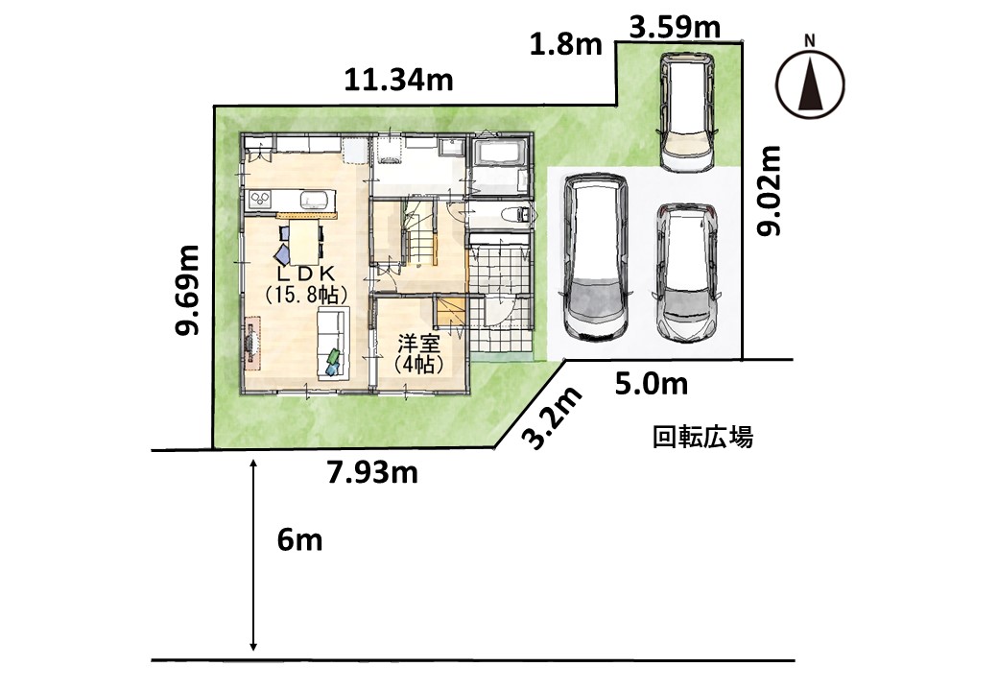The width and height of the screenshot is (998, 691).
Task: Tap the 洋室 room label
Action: pyautogui.click(x=418, y=344)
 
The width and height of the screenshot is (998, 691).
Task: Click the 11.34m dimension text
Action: pyautogui.click(x=399, y=81)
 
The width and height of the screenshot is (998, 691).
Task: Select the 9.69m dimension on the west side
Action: pyautogui.click(x=189, y=289)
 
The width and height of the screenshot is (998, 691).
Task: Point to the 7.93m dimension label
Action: pyautogui.click(x=372, y=472)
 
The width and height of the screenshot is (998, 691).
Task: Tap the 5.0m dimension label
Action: pyautogui.click(x=652, y=384)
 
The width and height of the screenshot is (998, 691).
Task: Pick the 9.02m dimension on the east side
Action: pyautogui.click(x=769, y=191)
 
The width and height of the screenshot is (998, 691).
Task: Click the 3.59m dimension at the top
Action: pyautogui.click(x=675, y=28)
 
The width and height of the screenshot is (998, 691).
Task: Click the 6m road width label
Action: pyautogui.click(x=299, y=541)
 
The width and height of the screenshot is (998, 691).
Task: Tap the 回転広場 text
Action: pyautogui.click(x=702, y=438)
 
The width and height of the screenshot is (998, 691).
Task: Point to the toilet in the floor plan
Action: pyautogui.click(x=513, y=214)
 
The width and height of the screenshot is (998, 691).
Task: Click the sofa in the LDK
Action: pyautogui.click(x=334, y=342)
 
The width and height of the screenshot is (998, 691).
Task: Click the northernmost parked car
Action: pyautogui.click(x=686, y=111)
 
